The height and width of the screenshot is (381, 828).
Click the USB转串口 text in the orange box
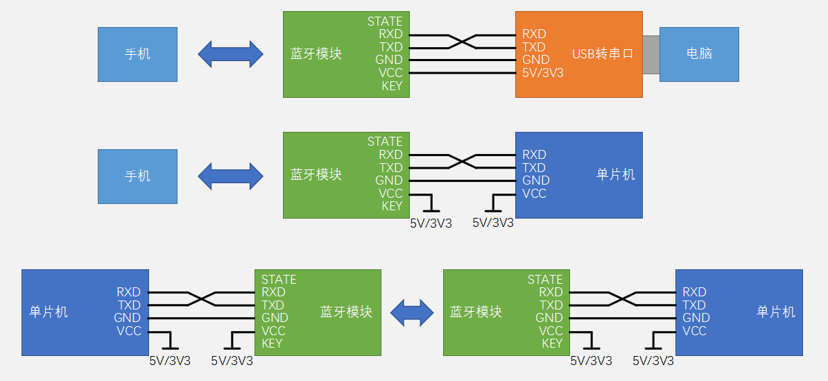(x=603, y=53)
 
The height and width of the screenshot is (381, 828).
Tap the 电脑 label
(x=699, y=53)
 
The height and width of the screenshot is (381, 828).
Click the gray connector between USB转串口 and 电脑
(x=650, y=53)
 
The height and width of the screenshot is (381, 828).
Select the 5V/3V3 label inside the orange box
(x=542, y=72)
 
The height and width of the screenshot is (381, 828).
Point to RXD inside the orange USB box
(x=534, y=34)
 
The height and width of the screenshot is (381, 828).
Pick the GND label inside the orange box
(x=535, y=60)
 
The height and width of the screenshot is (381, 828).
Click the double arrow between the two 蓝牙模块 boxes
(x=412, y=312)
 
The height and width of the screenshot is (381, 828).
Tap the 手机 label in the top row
(x=137, y=54)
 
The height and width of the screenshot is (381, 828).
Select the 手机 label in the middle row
(x=137, y=176)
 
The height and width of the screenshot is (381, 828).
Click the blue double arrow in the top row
(x=230, y=53)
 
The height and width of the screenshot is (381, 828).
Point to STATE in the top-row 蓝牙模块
(x=385, y=22)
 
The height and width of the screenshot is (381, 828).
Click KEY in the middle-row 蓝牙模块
(x=392, y=206)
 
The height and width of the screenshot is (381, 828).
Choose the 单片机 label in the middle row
(x=616, y=174)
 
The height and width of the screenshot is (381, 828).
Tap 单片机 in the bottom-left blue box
(x=49, y=312)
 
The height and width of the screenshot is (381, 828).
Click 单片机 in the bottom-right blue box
(x=776, y=312)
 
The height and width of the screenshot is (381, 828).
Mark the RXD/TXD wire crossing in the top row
(x=462, y=41)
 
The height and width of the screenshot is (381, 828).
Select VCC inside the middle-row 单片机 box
(x=534, y=194)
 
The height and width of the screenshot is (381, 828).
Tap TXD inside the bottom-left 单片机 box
(x=129, y=305)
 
